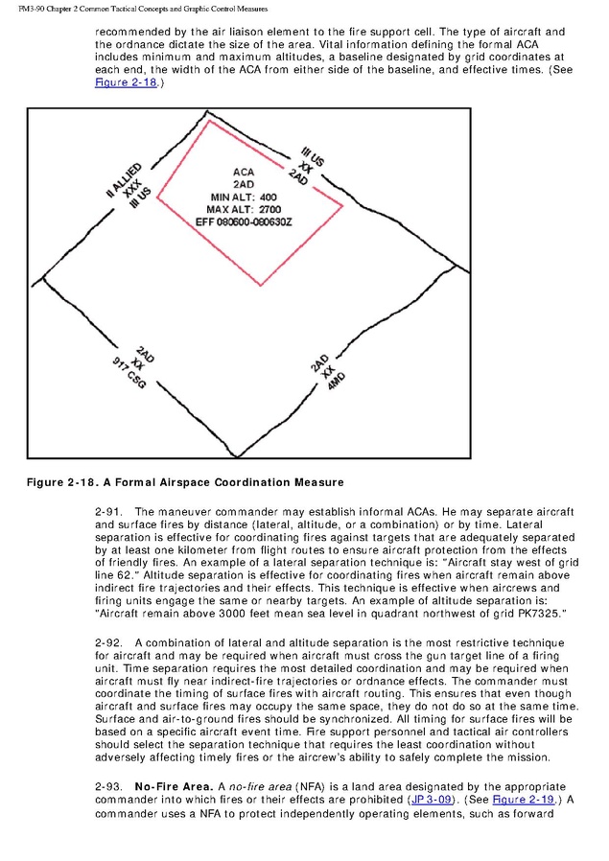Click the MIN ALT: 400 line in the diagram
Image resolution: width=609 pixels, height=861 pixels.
[x=244, y=197]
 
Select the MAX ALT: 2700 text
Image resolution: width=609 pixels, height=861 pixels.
[x=244, y=208]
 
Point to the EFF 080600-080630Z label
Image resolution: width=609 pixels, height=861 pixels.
[x=244, y=221]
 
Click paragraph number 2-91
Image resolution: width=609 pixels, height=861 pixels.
[x=108, y=512]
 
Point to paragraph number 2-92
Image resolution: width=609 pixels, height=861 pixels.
[x=108, y=641]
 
